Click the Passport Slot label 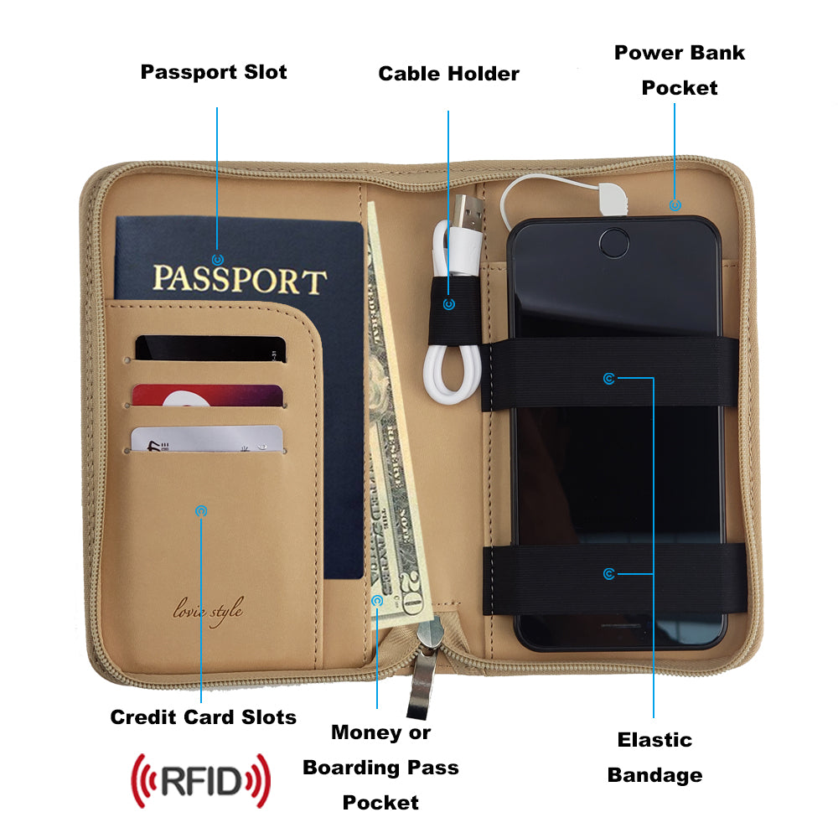213,72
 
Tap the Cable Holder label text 448,74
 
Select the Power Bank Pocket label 680,70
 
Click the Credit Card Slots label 203,717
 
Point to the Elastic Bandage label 654,757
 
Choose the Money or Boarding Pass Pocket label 380,767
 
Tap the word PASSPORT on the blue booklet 240,279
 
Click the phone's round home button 616,242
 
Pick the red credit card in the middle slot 208,396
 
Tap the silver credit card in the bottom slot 206,438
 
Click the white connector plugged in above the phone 614,198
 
